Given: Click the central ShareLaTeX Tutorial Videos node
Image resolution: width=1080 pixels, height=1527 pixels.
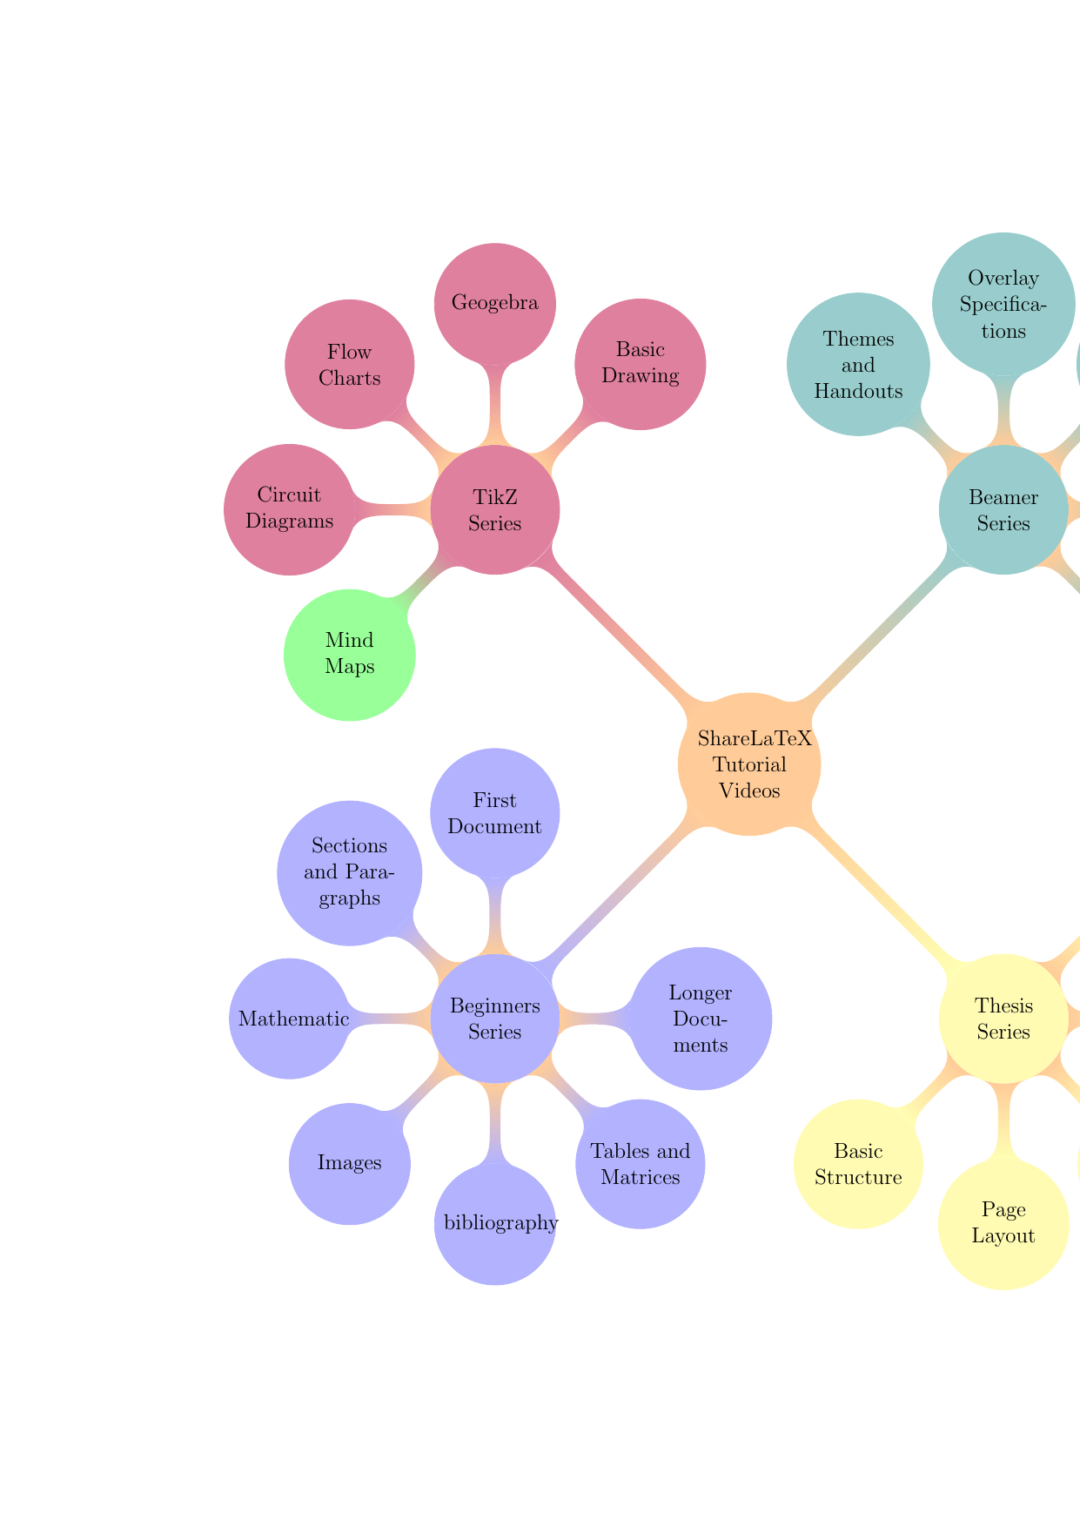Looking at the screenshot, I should (x=749, y=764).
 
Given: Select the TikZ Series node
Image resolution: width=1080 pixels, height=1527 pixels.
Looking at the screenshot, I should (x=495, y=510).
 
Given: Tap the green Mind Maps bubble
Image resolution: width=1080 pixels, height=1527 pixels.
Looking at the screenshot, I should (x=350, y=655).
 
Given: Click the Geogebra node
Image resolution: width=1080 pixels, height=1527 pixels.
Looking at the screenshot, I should (x=495, y=304).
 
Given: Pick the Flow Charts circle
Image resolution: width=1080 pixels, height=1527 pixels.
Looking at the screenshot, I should (x=350, y=364).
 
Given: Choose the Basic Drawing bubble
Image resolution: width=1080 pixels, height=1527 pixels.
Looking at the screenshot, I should (x=641, y=364).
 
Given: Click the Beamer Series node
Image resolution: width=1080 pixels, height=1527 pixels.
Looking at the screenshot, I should (x=1003, y=510).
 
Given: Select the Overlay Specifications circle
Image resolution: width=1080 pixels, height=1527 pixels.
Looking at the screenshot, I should (x=1003, y=304).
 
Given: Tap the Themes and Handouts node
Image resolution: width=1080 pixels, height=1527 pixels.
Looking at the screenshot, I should (x=858, y=364).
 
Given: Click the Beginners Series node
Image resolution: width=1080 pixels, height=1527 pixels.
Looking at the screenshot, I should (x=495, y=1019).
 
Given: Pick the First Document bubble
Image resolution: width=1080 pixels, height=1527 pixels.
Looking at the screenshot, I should (x=495, y=813).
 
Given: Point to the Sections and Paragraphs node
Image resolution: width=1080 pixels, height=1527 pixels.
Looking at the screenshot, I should (x=349, y=872).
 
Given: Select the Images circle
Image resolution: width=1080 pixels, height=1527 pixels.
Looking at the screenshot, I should (x=350, y=1163).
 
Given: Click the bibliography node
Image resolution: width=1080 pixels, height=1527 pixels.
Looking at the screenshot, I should (x=495, y=1223).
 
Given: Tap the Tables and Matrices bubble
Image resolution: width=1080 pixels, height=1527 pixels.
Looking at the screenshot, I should (x=641, y=1164).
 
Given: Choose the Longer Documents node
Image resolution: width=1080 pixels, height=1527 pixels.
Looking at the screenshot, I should (x=701, y=1019).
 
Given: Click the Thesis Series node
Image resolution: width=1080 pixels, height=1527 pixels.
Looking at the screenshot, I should (x=1003, y=1019).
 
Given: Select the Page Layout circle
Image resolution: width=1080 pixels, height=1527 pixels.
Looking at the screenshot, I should (x=1003, y=1223).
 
